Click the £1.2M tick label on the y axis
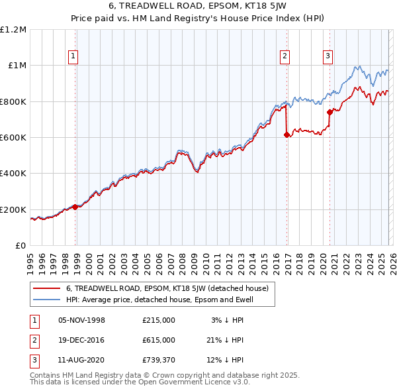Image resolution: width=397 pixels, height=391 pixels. point(14,29)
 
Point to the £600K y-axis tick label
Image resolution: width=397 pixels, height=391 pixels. point(13,137)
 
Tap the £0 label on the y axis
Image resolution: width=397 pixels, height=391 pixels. point(21,245)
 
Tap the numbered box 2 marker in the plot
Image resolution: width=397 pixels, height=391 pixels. point(285,56)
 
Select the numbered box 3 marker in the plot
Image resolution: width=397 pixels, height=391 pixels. point(328,56)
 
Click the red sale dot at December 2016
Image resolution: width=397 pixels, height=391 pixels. point(287,135)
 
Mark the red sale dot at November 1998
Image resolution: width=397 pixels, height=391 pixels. point(75,207)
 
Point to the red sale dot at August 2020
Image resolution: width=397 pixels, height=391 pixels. point(330,112)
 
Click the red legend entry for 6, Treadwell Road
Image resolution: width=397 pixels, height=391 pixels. point(167,288)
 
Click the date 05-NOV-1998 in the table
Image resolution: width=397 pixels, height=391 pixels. point(82,320)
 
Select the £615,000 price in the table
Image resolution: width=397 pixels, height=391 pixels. point(159,340)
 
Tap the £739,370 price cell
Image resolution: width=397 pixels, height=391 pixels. point(159,360)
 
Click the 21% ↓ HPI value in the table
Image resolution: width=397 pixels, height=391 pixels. point(225,340)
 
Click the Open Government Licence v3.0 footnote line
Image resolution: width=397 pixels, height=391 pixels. point(140,383)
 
